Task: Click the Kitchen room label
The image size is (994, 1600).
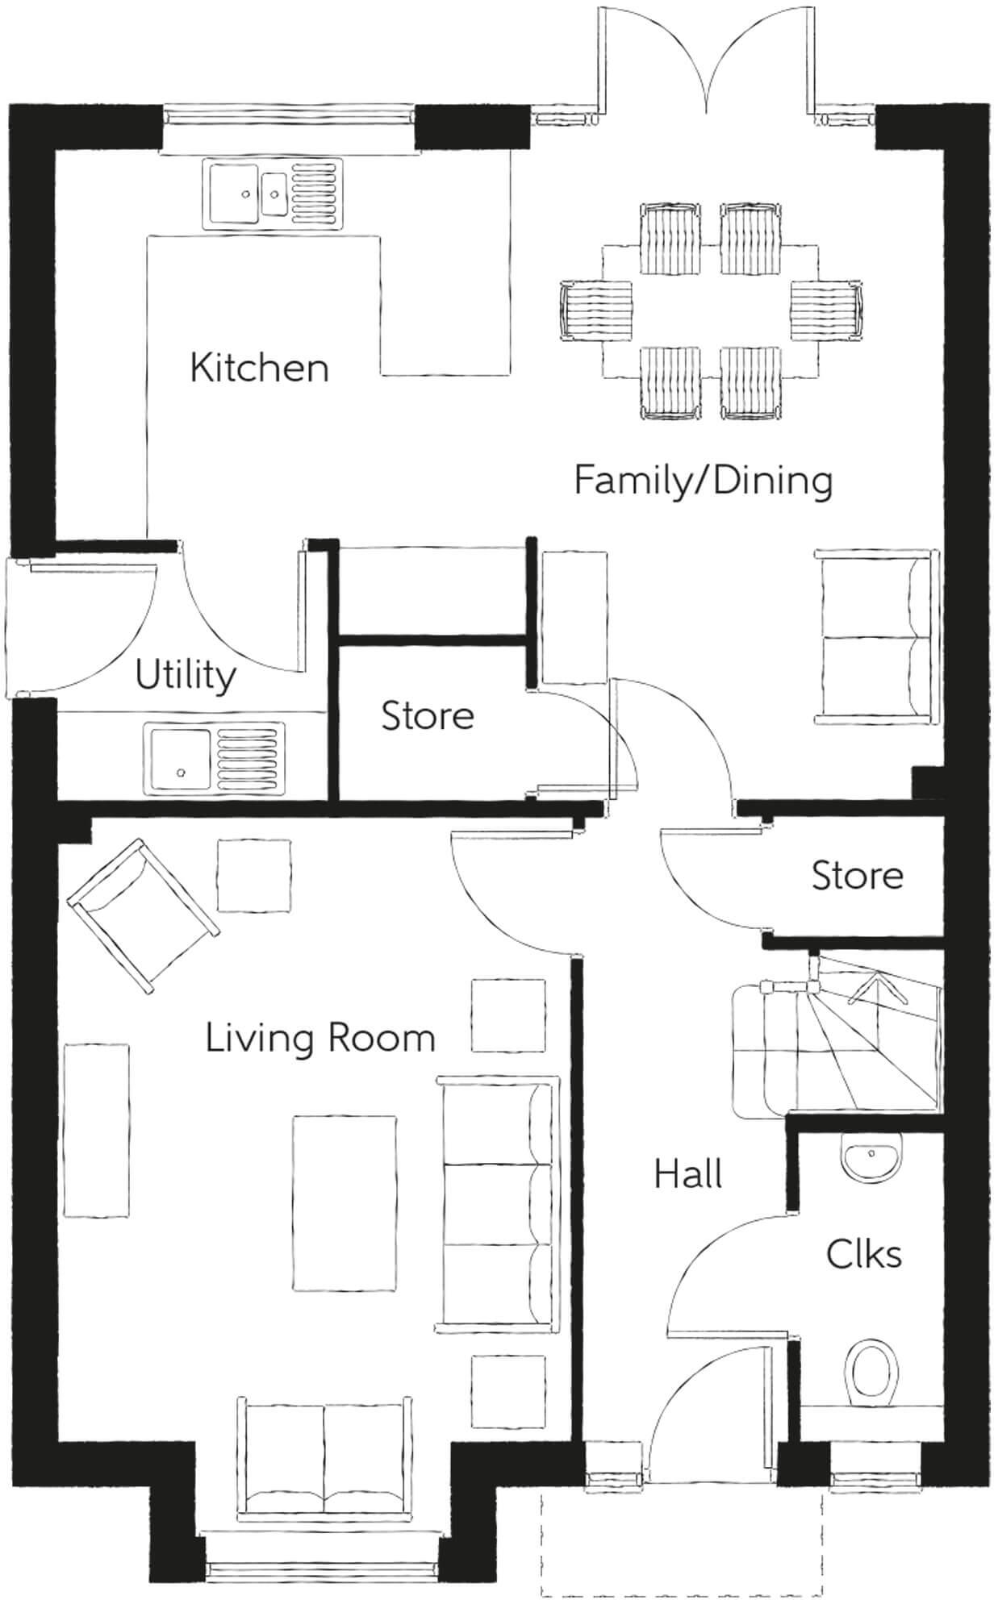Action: pyautogui.click(x=259, y=368)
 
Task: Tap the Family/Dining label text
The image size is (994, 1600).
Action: pyautogui.click(x=703, y=481)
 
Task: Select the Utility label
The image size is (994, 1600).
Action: pyautogui.click(x=185, y=675)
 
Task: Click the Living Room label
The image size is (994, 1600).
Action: pyautogui.click(x=320, y=1038)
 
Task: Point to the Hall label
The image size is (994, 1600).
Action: pyautogui.click(x=687, y=1174)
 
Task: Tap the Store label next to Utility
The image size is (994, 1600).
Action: pyautogui.click(x=427, y=716)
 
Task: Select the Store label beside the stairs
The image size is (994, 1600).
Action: pyautogui.click(x=857, y=876)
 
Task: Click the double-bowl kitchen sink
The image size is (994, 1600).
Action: pyautogui.click(x=273, y=193)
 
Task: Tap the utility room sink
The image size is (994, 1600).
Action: pyautogui.click(x=214, y=756)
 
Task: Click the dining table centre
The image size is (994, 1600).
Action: pyautogui.click(x=709, y=310)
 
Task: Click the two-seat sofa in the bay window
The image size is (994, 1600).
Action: pyautogui.click(x=323, y=1453)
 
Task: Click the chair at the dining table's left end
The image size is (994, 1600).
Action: pyautogui.click(x=595, y=310)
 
